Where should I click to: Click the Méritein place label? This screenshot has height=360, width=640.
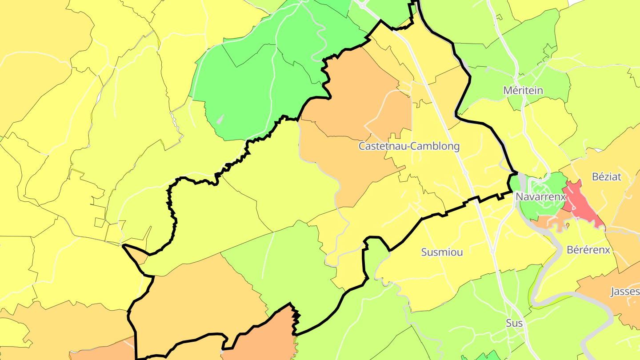pos(523,90)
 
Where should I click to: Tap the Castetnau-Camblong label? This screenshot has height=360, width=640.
pos(409,146)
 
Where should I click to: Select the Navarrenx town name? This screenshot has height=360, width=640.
pos(540,196)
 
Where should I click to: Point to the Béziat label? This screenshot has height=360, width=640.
pos(607,176)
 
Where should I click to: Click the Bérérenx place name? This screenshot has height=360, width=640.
pos(588,250)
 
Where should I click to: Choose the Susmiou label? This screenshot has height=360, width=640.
pos(442,252)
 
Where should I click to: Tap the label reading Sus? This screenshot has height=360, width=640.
pos(514,323)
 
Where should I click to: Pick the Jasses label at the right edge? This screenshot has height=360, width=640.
pos(625,292)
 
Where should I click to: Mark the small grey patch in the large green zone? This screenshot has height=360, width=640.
pos(220,119)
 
